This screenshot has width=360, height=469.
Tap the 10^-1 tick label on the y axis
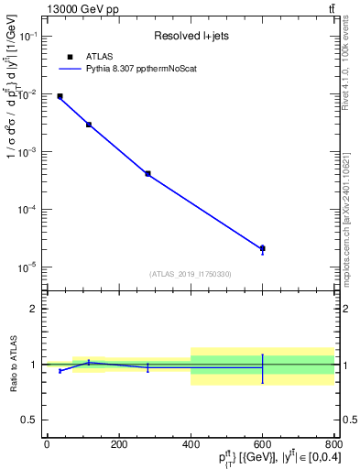coord(28,36)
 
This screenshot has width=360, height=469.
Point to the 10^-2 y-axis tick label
coord(28,93)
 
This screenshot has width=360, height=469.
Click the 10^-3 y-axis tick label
coord(28,151)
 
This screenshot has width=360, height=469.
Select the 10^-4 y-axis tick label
coord(28,209)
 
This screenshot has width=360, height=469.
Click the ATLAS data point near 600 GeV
coord(263,248)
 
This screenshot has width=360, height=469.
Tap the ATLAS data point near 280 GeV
coord(147,173)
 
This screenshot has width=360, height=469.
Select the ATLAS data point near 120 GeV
coord(89,125)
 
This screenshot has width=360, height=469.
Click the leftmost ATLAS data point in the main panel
coord(60,96)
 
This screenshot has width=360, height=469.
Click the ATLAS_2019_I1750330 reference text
coord(191,274)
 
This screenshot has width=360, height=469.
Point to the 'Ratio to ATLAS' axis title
coord(11,365)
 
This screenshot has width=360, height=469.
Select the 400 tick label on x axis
coord(191,444)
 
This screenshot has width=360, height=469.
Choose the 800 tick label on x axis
coord(334,444)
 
